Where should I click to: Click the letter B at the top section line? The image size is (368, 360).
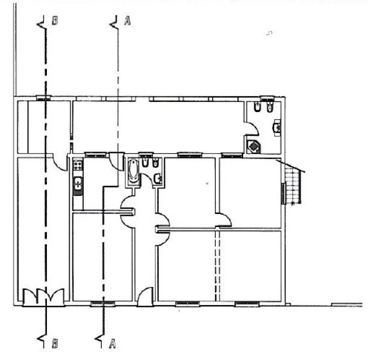55,20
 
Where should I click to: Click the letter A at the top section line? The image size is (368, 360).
127,20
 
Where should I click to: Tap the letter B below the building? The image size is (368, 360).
55,343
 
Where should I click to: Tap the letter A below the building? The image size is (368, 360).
112,343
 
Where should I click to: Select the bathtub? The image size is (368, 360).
133,171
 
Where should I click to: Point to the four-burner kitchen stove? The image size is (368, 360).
78,164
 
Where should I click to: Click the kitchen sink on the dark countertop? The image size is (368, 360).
78,183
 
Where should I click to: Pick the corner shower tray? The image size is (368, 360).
254,146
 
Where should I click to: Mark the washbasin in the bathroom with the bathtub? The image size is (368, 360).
158,179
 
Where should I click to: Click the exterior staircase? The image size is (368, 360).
293,183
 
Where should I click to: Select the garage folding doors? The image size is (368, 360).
43,296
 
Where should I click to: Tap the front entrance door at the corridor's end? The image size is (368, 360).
145,296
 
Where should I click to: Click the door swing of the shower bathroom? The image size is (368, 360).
252,128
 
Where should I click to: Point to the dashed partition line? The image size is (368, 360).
218,265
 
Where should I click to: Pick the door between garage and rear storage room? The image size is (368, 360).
60,162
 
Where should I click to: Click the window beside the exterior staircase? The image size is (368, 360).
283,193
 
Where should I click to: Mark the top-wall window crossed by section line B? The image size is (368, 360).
43,98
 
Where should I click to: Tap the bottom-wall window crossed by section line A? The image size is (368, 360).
102,303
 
